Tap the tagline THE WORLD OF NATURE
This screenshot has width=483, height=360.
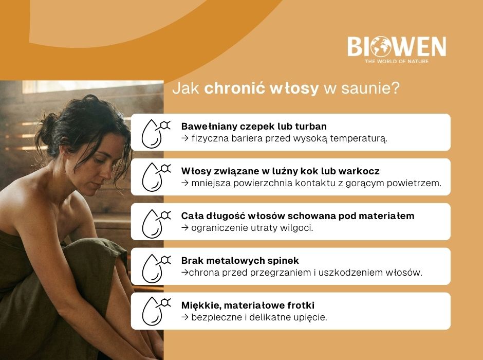tap(396, 61)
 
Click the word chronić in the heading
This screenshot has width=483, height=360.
tap(229, 88)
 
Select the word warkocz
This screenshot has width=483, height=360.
tap(360, 171)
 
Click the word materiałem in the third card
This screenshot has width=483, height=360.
tap(385, 216)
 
